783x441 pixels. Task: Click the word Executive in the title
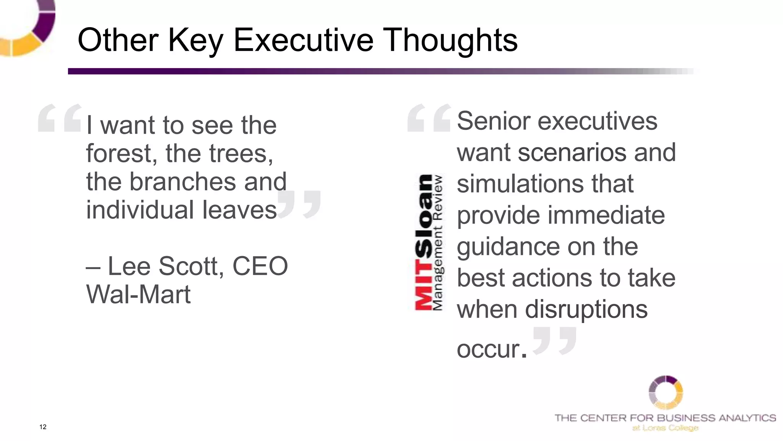tap(303, 40)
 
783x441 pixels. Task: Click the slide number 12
tap(43, 427)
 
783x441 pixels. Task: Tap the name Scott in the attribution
tap(190, 266)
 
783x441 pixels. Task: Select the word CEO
tap(260, 266)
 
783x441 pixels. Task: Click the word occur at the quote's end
tap(488, 349)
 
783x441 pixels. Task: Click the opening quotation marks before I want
tap(60, 118)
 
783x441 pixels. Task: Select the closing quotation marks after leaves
tap(299, 204)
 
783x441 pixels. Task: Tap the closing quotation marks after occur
tap(554, 340)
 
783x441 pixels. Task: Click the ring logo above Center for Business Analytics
tap(666, 392)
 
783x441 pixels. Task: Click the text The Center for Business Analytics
tap(665, 418)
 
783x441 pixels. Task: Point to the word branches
tap(182, 181)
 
